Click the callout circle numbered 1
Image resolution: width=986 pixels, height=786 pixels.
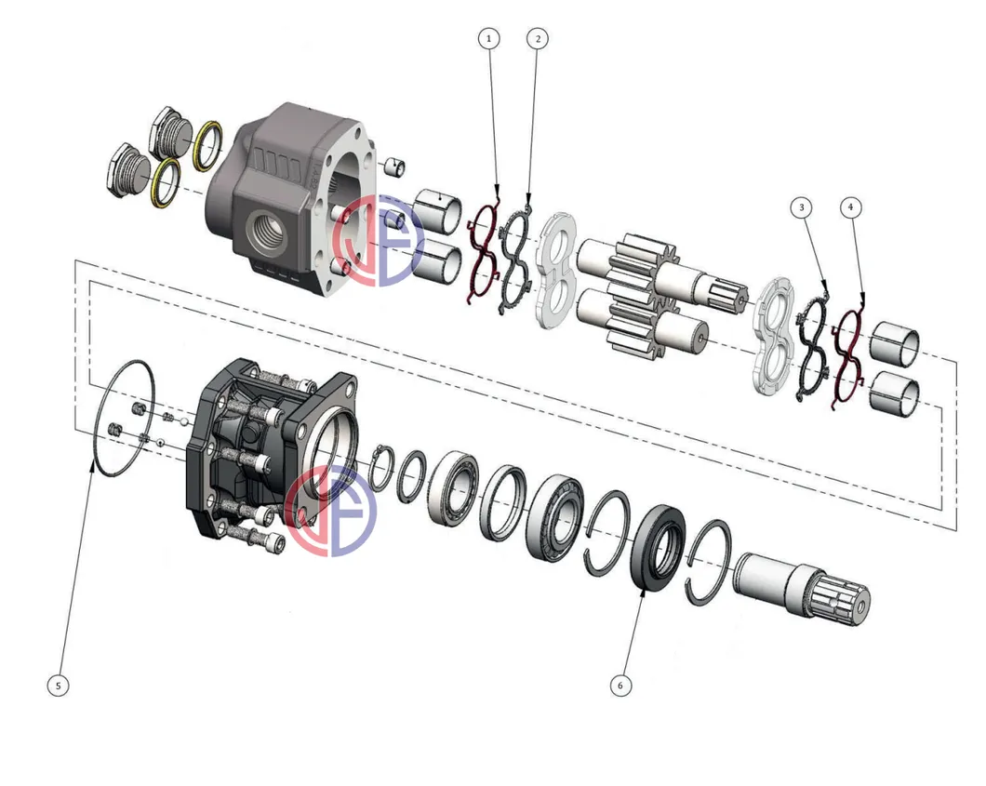(x=489, y=38)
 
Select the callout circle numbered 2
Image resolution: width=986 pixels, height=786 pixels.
(x=536, y=38)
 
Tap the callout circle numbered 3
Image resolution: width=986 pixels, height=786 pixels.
(x=803, y=206)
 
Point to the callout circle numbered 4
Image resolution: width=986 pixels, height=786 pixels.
(x=850, y=206)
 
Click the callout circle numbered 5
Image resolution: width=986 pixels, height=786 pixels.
(x=58, y=686)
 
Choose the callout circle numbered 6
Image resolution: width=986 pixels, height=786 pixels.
(x=620, y=686)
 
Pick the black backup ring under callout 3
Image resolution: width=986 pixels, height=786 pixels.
(x=810, y=346)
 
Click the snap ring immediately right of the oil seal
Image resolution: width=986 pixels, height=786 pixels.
(x=710, y=557)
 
